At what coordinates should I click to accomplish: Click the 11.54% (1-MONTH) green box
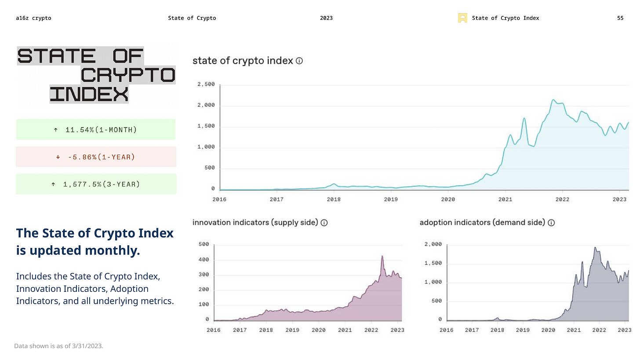(x=95, y=130)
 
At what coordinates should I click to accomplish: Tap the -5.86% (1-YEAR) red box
(x=95, y=157)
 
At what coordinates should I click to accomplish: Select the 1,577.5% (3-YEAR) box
(x=95, y=184)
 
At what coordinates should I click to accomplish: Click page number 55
(x=620, y=18)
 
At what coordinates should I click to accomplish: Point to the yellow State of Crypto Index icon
(x=462, y=18)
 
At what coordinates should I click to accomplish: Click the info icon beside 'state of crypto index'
(x=299, y=61)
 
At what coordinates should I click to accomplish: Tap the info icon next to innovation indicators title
(x=324, y=222)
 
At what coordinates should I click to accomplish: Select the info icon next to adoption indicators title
(x=551, y=222)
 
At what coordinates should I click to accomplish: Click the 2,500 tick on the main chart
(x=206, y=84)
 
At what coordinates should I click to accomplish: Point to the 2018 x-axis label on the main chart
(x=334, y=199)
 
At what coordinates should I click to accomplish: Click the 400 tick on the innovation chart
(x=204, y=260)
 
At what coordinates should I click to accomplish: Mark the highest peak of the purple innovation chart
(x=382, y=256)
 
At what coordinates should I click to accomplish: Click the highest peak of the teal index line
(x=553, y=100)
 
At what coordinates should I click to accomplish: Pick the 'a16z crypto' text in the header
(x=33, y=18)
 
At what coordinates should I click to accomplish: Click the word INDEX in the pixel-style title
(x=89, y=94)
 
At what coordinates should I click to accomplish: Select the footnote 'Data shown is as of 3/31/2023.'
(x=59, y=346)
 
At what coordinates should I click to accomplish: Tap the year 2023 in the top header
(x=326, y=18)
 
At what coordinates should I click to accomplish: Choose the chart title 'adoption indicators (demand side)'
(x=482, y=222)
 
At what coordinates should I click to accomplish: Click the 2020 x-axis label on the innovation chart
(x=318, y=330)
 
